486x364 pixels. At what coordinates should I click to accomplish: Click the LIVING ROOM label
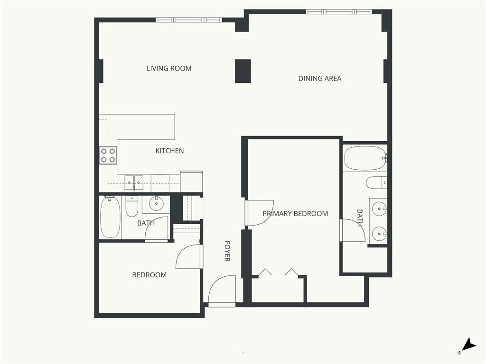169,68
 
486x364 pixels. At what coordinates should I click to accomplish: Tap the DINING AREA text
319,79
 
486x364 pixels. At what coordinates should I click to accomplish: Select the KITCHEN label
169,151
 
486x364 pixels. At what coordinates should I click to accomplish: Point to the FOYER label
227,251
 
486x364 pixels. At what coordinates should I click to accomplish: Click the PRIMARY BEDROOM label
295,214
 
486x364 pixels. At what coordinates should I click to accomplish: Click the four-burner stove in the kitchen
108,155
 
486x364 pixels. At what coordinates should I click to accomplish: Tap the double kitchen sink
134,182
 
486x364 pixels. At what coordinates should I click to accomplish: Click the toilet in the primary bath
376,182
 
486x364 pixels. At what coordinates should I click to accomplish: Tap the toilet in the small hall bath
132,207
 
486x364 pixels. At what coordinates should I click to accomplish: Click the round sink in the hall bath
156,204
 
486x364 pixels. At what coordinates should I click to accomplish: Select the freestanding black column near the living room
243,71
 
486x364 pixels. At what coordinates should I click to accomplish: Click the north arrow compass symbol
468,345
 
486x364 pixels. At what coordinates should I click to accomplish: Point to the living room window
189,20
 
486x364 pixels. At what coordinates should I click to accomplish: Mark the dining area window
339,12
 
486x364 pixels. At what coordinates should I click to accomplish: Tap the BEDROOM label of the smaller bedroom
150,275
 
